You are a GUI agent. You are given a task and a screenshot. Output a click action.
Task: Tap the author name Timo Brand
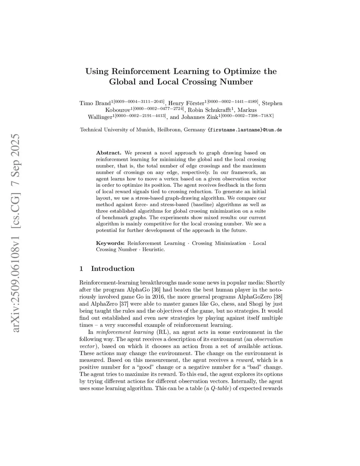(x=95, y=103)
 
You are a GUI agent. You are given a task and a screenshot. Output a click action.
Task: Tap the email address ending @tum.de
(x=245, y=130)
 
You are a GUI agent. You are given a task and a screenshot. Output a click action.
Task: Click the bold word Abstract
(x=109, y=153)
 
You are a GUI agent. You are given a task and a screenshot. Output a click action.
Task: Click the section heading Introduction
(x=112, y=269)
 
